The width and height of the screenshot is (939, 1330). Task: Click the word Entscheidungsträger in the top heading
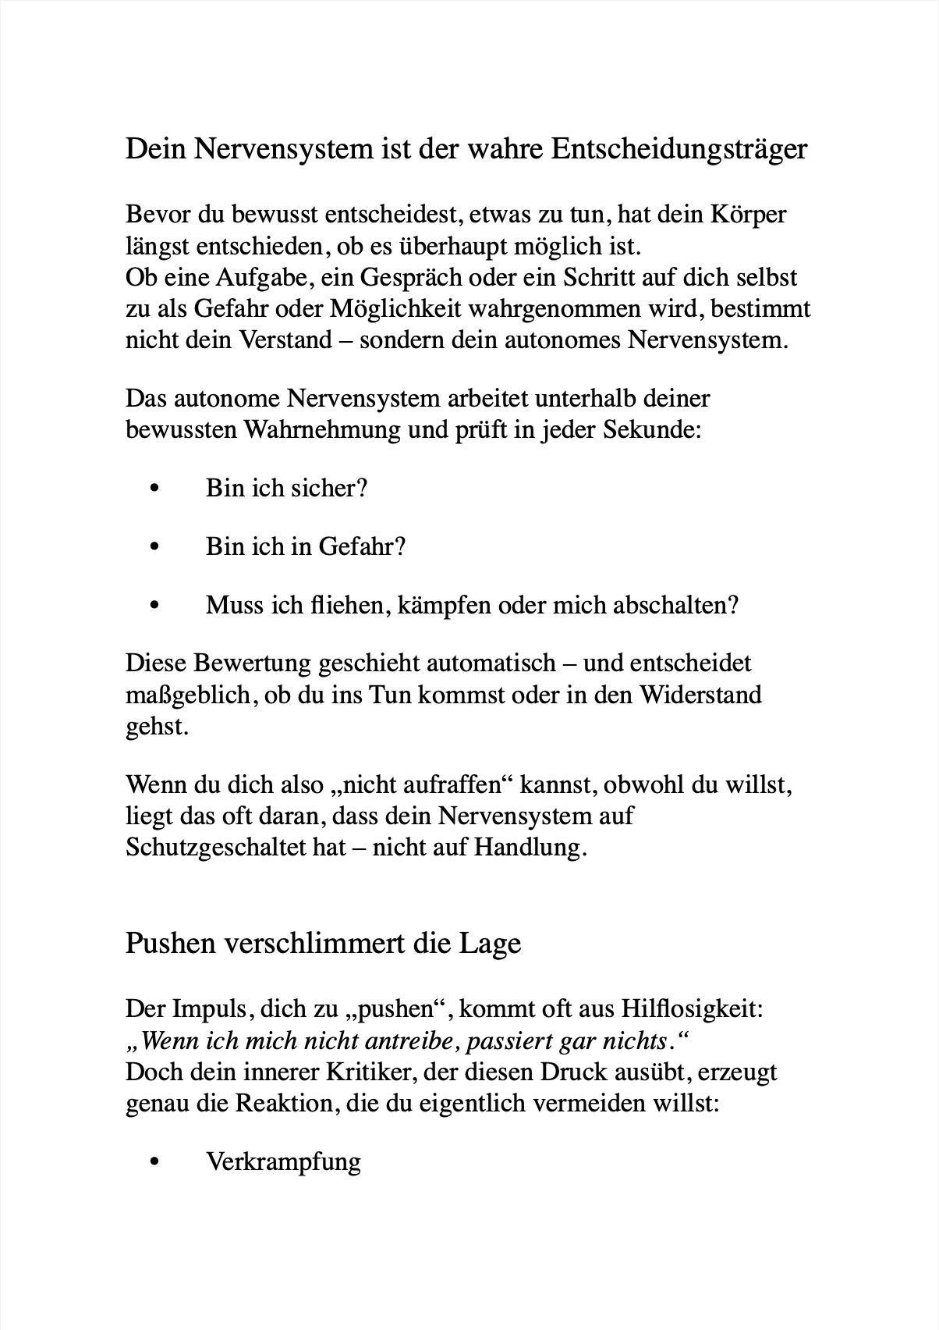(x=679, y=149)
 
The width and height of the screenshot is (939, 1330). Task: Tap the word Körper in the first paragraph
(x=749, y=214)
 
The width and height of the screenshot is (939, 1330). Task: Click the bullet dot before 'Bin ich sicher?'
(x=154, y=489)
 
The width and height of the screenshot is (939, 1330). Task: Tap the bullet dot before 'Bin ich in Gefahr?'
(x=154, y=546)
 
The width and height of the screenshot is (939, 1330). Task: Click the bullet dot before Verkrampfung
(x=154, y=1162)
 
